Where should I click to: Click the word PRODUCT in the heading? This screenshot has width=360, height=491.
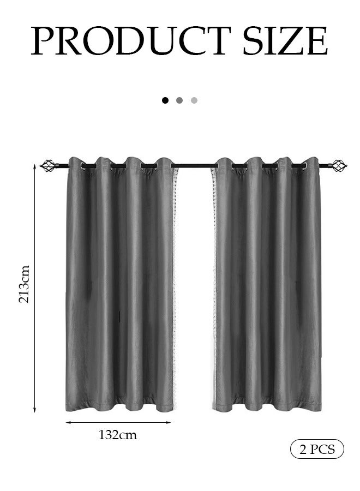pos(131,41)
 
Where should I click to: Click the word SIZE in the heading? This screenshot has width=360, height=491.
pos(285,41)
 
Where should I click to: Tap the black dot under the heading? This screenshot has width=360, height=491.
pos(165,100)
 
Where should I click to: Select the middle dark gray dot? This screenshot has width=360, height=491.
pos(179,100)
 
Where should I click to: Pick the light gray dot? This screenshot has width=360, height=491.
pos(194,100)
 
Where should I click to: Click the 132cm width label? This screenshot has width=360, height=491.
pos(118,435)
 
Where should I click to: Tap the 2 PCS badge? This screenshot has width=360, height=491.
pos(317,449)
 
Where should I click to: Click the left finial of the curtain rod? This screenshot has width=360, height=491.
pos(47,165)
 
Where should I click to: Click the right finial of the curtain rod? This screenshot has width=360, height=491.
pos(339,165)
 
